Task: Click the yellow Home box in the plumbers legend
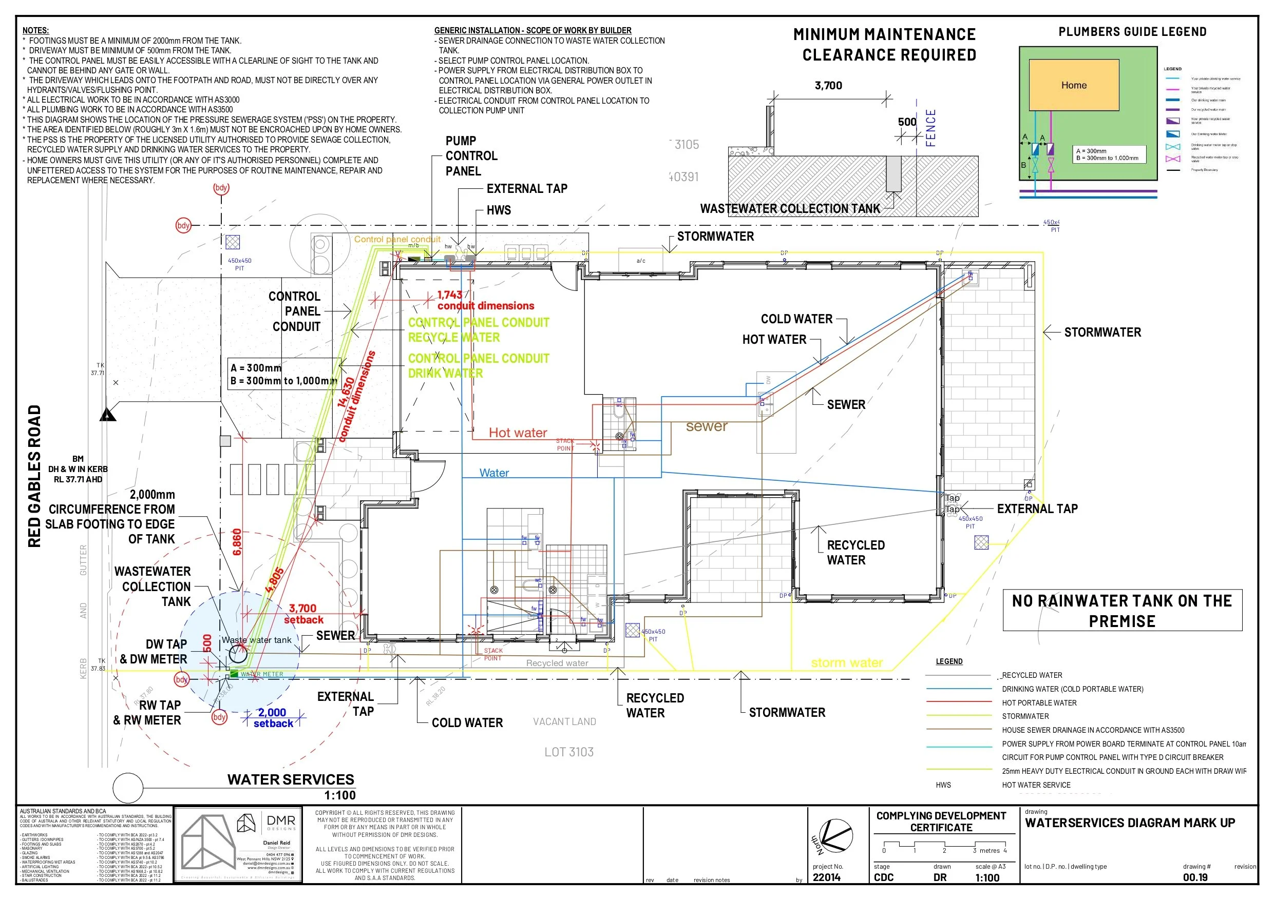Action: [1073, 85]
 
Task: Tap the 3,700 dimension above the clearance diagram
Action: [828, 85]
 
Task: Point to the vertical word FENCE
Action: [930, 128]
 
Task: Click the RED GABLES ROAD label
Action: [34, 476]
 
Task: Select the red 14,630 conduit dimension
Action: [346, 393]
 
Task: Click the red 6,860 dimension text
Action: [237, 542]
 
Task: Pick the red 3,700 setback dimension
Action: [302, 609]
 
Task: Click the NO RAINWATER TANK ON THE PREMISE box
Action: [1121, 611]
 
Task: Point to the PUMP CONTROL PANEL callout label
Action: [471, 156]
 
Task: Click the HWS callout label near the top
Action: [498, 210]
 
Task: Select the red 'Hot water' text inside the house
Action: [517, 433]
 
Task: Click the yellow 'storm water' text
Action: [846, 662]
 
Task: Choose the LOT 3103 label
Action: [569, 752]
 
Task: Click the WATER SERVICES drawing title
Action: [290, 779]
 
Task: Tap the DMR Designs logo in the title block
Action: [269, 824]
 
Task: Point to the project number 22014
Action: [826, 877]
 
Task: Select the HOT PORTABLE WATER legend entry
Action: [1039, 702]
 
